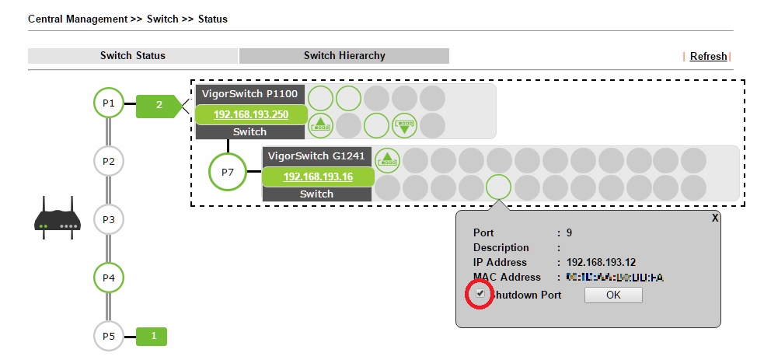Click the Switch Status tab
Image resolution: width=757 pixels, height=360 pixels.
[133, 56]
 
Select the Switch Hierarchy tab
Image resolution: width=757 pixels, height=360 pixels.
[344, 56]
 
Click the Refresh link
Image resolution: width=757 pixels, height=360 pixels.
[708, 56]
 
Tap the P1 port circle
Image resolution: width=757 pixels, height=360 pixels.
[109, 103]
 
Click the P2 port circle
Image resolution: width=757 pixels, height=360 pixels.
[109, 161]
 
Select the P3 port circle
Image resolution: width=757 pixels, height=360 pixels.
[109, 219]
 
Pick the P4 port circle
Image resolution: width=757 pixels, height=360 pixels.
[109, 277]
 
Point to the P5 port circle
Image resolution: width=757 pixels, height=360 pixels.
[109, 336]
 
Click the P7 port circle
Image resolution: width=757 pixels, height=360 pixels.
[227, 173]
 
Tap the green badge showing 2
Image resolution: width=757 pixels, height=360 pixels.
[159, 104]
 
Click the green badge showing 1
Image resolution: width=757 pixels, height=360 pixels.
[153, 336]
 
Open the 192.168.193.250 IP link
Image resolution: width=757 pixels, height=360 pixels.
[251, 114]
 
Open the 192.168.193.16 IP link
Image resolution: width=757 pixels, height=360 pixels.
[318, 177]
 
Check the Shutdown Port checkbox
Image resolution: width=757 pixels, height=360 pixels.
[481, 295]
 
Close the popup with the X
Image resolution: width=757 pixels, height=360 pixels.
[715, 218]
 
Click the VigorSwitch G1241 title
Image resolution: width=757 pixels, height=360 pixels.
[316, 156]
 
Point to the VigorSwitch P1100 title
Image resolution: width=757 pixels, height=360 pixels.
[249, 93]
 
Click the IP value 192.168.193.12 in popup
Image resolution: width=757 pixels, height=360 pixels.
[602, 262]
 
